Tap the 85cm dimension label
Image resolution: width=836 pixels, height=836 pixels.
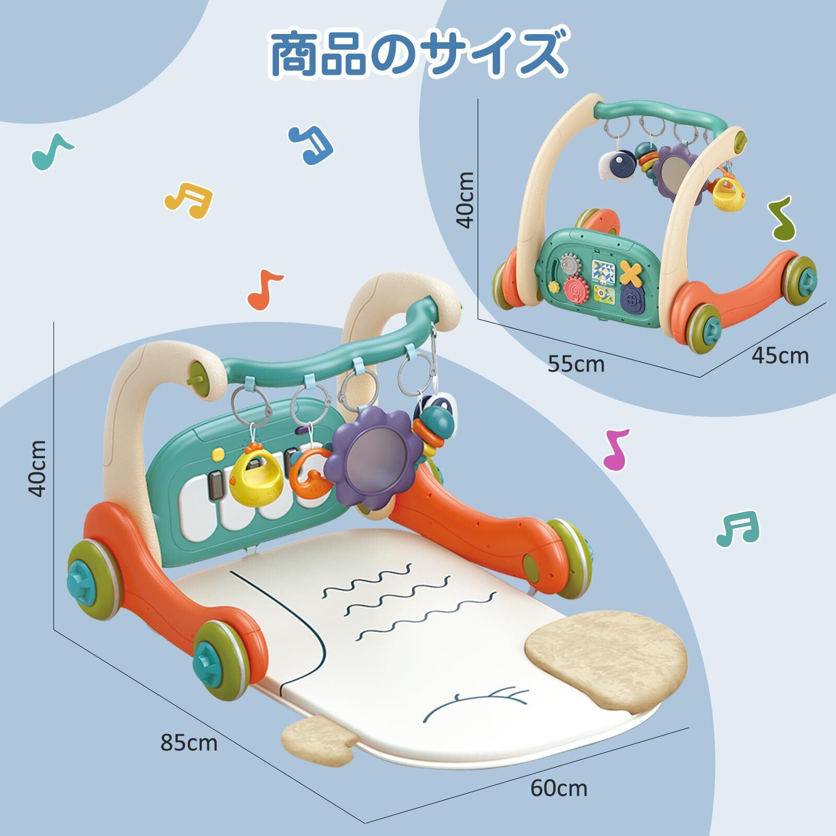point(189,742)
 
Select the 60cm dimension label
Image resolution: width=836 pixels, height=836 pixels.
point(559,803)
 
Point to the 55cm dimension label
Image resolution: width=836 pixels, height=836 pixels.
point(576,364)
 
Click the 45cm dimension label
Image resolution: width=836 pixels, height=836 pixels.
point(780,355)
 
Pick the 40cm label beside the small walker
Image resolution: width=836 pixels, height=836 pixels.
point(465,200)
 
